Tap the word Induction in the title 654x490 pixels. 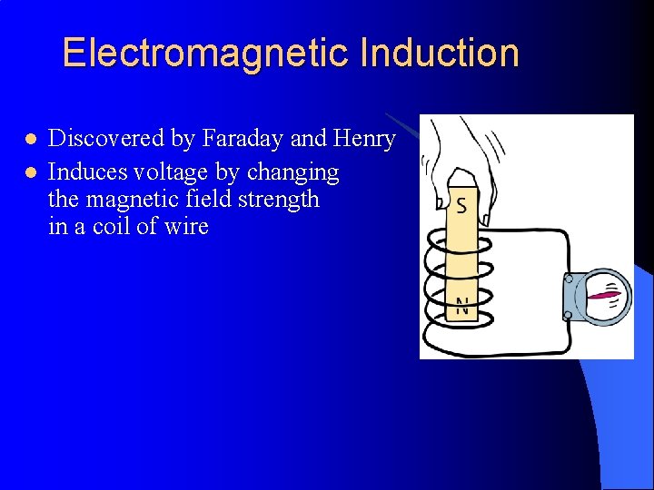coord(440,53)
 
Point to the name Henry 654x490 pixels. coord(364,139)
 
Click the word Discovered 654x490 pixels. coord(107,139)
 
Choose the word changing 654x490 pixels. coord(296,172)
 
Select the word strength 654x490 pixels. coord(277,199)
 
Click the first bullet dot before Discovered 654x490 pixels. coord(30,140)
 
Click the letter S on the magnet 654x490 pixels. coord(461,205)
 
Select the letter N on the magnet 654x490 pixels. coord(462,307)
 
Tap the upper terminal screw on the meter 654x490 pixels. coord(567,279)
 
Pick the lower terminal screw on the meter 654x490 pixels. coord(567,315)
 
